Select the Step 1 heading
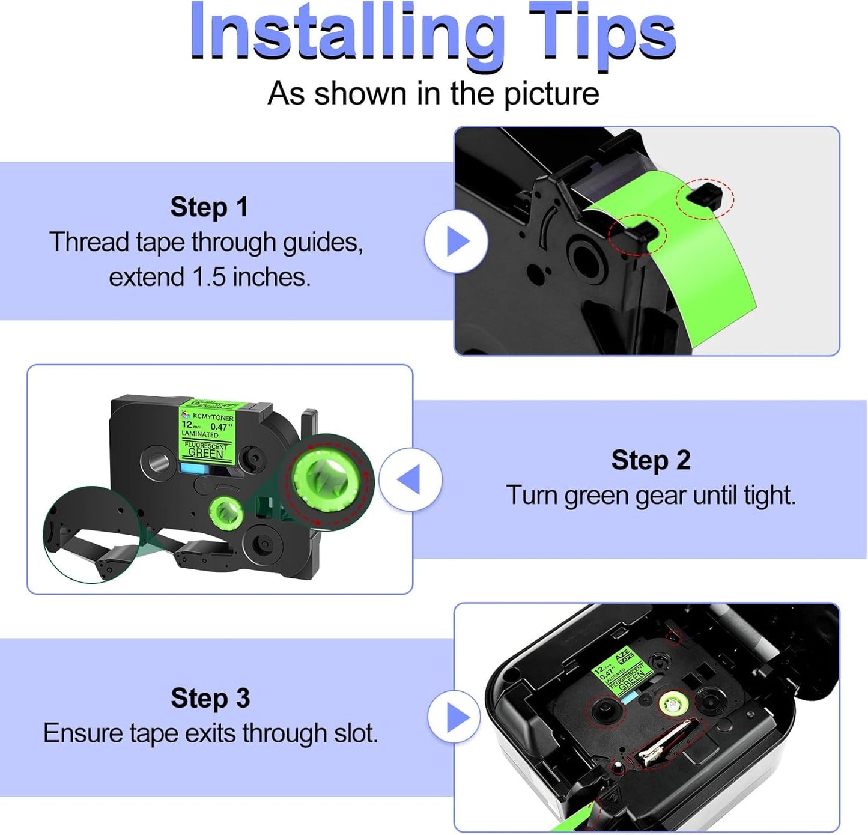[209, 207]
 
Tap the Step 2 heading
[651, 461]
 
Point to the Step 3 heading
[210, 699]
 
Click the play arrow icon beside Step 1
[457, 241]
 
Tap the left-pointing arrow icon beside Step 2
[410, 479]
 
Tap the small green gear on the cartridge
[226, 512]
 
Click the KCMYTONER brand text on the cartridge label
[213, 417]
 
